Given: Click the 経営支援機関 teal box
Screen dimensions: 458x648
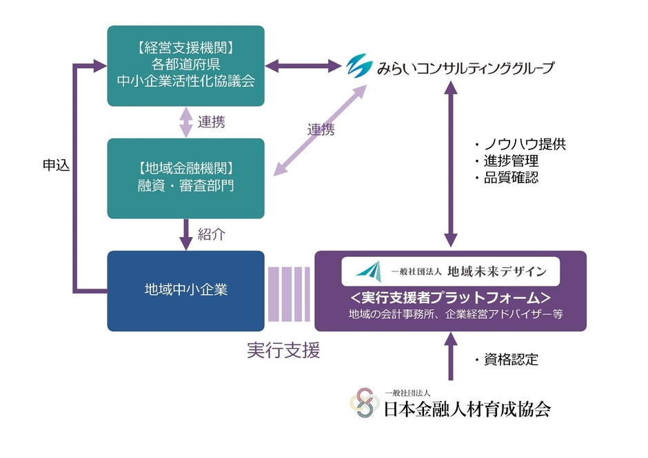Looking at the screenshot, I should [186, 65].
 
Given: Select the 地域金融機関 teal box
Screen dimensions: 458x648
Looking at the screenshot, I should [186, 178].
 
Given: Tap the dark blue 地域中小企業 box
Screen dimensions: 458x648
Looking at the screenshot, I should [186, 290].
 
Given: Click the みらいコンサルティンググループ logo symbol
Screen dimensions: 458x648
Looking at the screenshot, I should [358, 67].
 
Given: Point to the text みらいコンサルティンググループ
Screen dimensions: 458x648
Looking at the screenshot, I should [465, 68].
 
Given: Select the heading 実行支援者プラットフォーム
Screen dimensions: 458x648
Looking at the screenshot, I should [450, 298].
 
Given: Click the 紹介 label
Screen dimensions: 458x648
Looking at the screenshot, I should [212, 234].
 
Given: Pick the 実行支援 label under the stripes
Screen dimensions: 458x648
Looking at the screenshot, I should [283, 351].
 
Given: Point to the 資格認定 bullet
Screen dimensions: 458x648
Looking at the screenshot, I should [506, 360].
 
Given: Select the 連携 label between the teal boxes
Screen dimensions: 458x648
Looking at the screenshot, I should [211, 123].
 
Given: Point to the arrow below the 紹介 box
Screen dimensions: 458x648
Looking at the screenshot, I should [186, 234].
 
